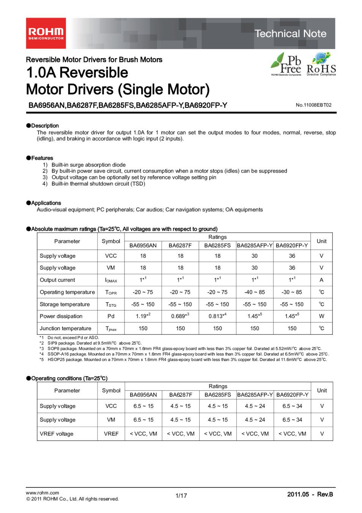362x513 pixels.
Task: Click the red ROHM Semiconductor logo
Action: pos(46,33)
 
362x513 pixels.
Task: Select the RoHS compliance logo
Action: pos(321,64)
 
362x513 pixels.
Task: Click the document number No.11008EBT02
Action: pos(313,105)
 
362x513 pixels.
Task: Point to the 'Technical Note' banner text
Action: pos(290,33)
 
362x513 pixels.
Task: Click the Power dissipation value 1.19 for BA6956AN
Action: pos(143,316)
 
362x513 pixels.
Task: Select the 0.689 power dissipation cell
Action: pos(180,316)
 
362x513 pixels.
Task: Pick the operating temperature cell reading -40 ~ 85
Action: pos(255,292)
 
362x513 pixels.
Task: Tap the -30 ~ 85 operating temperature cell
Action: pos(292,292)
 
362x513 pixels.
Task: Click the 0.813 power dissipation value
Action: pos(217,316)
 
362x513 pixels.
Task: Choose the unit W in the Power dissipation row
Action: pos(321,316)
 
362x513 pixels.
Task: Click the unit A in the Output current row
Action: pos(321,280)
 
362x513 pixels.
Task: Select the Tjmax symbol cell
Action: pos(111,329)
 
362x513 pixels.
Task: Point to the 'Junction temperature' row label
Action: pos(66,328)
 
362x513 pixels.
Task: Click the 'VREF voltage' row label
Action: pos(57,434)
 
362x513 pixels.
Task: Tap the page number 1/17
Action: pos(181,496)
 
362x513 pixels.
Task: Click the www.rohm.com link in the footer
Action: pos(42,492)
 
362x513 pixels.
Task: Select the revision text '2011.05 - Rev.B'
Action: pos(310,494)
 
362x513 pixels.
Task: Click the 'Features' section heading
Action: pos(42,158)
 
